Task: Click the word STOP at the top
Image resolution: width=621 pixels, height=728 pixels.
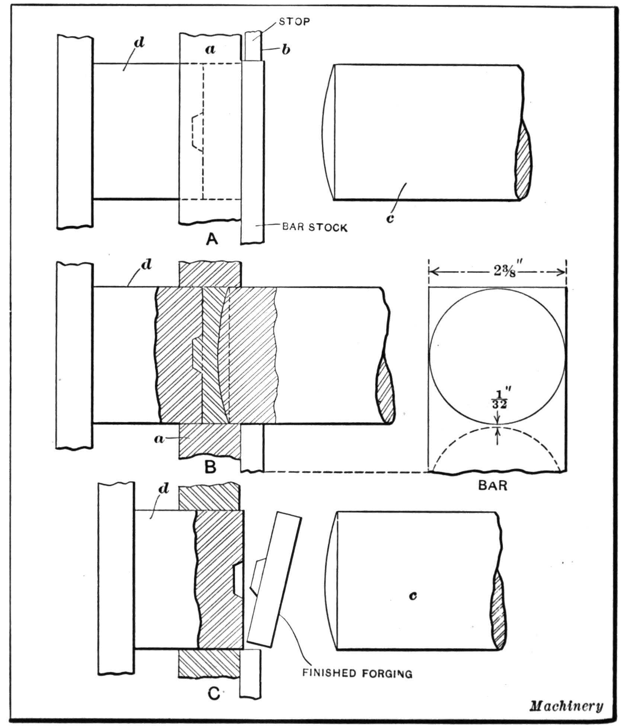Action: click(x=294, y=22)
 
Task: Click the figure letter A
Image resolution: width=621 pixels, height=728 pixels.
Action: click(x=212, y=239)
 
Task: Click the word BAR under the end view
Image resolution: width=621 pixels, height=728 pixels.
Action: click(x=492, y=486)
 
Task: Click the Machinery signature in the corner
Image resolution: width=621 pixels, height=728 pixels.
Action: click(x=566, y=706)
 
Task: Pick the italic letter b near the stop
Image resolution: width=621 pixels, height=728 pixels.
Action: click(x=286, y=50)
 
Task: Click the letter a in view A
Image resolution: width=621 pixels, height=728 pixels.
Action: click(x=211, y=49)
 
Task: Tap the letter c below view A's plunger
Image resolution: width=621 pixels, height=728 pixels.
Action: click(x=390, y=219)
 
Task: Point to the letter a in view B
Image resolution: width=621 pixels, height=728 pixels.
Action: click(x=159, y=439)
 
